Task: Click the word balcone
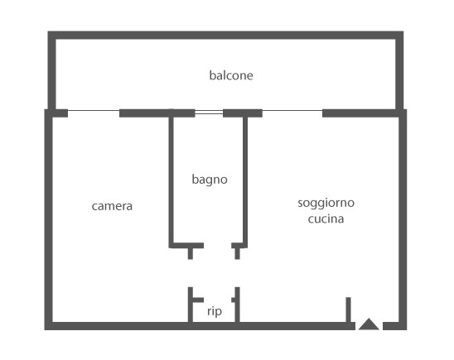pyautogui.click(x=231, y=75)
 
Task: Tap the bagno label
pyautogui.click(x=210, y=180)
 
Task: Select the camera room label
pyautogui.click(x=112, y=206)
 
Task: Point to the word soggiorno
pyautogui.click(x=326, y=203)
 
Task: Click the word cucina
pyautogui.click(x=326, y=218)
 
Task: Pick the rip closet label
pyautogui.click(x=215, y=311)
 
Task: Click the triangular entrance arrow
pyautogui.click(x=369, y=324)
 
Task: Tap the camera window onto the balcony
pyautogui.click(x=94, y=110)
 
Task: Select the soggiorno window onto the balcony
pyautogui.click(x=292, y=110)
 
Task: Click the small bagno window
pyautogui.click(x=209, y=112)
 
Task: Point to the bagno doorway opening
pyautogui.click(x=217, y=246)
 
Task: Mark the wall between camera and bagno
pyautogui.click(x=171, y=180)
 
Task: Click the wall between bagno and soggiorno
pyautogui.click(x=245, y=180)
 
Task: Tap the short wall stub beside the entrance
pyautogui.click(x=348, y=310)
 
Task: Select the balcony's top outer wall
pyautogui.click(x=225, y=35)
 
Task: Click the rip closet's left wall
pyautogui.click(x=191, y=305)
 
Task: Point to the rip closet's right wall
pyautogui.click(x=238, y=305)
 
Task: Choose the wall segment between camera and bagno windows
pyautogui.click(x=157, y=113)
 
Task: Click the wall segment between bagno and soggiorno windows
pyautogui.click(x=243, y=113)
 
